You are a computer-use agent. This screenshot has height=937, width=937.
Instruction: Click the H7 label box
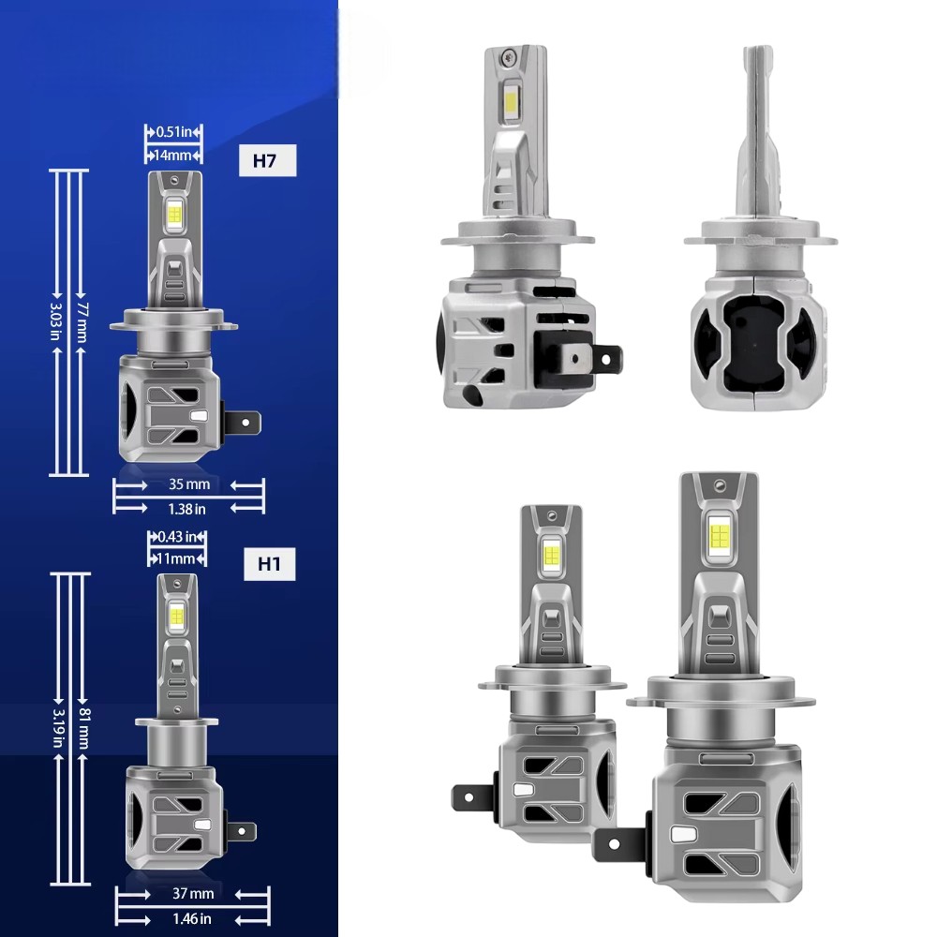pyautogui.click(x=267, y=160)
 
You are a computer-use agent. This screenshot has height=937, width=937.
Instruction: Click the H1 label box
pyautogui.click(x=270, y=564)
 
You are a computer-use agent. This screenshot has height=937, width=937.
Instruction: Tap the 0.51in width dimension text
pyautogui.click(x=173, y=131)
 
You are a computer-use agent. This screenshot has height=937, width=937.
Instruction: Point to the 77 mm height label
pyautogui.click(x=82, y=322)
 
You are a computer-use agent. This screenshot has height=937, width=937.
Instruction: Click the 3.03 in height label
pyautogui.click(x=55, y=321)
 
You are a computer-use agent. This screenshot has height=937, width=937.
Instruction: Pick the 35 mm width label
pyautogui.click(x=189, y=484)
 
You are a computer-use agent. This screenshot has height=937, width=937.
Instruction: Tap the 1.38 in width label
pyautogui.click(x=187, y=509)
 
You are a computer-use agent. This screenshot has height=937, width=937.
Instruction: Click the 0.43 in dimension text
pyautogui.click(x=177, y=537)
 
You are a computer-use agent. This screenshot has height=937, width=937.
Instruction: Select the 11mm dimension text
pyautogui.click(x=176, y=559)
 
